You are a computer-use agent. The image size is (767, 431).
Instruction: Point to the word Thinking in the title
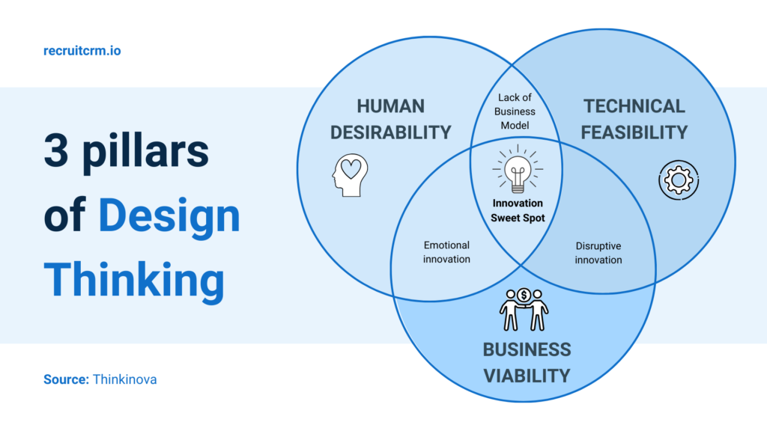(x=134, y=280)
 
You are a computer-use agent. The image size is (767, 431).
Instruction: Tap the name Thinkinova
(x=124, y=379)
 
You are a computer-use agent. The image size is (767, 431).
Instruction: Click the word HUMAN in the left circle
(x=390, y=106)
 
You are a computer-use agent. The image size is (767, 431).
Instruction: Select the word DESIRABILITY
(x=390, y=132)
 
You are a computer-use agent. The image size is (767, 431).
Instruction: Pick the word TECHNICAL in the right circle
(x=634, y=106)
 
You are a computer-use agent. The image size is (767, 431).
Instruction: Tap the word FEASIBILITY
(x=634, y=132)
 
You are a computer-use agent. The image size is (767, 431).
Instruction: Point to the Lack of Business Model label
(x=517, y=111)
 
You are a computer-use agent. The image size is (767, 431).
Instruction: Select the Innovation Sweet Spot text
(x=518, y=210)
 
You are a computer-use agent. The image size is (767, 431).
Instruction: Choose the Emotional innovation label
(x=446, y=251)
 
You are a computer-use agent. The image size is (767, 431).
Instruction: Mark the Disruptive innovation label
(x=598, y=252)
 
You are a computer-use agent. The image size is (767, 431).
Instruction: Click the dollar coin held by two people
(x=524, y=296)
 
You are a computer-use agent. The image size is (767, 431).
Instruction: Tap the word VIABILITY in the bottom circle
(x=526, y=375)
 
